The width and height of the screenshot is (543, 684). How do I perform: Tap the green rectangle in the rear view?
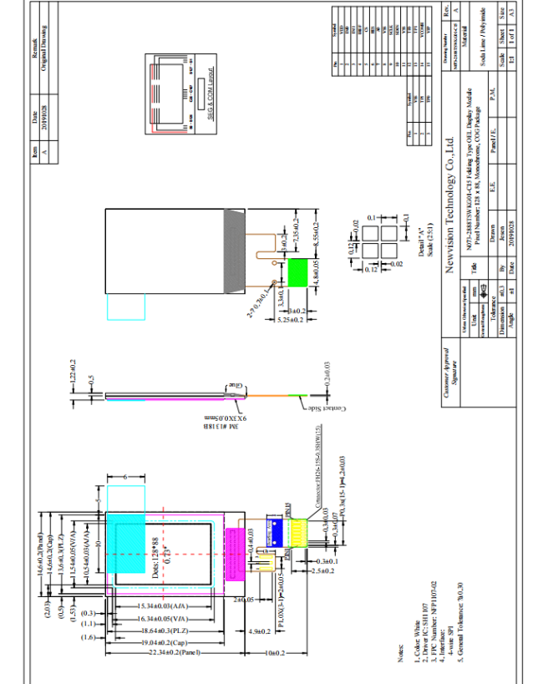[297, 270]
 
